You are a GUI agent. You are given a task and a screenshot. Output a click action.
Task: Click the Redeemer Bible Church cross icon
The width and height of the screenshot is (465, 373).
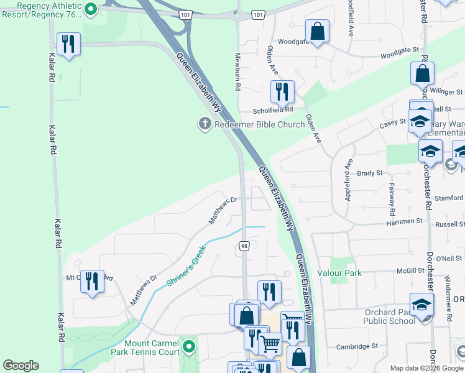[x=204, y=124]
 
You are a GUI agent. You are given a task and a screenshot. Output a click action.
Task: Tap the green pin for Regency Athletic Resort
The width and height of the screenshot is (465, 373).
[x=90, y=9]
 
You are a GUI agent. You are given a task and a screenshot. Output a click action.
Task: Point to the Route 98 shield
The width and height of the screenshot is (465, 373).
[x=243, y=247]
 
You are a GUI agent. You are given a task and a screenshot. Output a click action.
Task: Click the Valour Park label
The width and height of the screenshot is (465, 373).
[x=339, y=273]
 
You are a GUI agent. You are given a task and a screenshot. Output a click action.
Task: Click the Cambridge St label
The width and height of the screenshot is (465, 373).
[x=357, y=346]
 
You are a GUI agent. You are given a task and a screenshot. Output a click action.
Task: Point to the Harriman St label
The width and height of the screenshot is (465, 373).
[x=404, y=221]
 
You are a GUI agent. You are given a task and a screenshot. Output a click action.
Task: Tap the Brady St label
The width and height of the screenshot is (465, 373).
[x=369, y=173]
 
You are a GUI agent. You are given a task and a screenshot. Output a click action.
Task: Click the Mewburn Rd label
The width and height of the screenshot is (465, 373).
[x=237, y=71]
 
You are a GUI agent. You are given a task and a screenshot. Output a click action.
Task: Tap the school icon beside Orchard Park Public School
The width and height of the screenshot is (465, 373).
[x=422, y=305]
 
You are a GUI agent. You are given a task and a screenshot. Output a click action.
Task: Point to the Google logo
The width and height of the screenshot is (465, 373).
[x=21, y=366]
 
